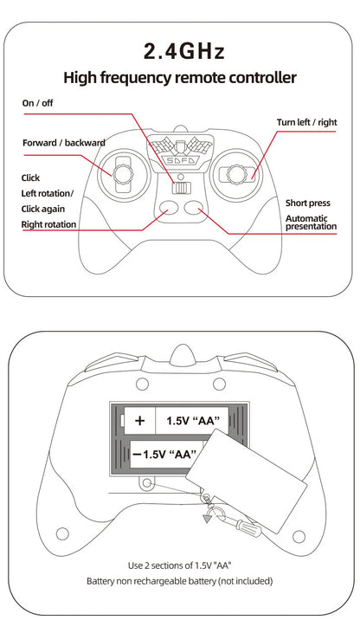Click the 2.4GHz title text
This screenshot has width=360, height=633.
coord(184,52)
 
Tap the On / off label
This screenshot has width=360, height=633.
coord(37,103)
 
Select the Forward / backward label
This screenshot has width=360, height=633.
coord(64,143)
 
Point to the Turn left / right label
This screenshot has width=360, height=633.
coord(306,122)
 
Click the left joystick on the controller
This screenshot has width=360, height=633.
coord(122,174)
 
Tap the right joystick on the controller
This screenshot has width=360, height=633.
coord(235,174)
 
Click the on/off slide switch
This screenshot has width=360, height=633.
coord(181,189)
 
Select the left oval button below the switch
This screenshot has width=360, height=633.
coord(169,208)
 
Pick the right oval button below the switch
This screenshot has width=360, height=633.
coord(194,208)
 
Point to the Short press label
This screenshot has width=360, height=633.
coord(308,203)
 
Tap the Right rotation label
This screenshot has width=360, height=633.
coord(48,224)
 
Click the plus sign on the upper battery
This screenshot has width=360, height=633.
coord(139,421)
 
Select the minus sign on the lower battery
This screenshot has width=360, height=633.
coord(137,455)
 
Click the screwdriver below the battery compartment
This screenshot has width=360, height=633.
coord(238,523)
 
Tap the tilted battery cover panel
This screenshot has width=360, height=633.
coord(247,481)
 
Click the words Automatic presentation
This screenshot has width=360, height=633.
coord(311,223)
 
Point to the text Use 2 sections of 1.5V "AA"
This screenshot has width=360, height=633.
coord(179,565)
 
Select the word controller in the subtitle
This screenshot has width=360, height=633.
coord(263,77)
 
